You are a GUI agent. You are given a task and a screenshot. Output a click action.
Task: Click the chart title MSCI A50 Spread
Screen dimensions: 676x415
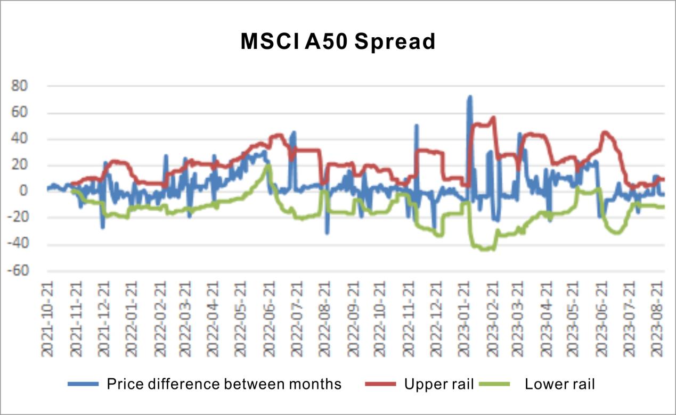[338, 41]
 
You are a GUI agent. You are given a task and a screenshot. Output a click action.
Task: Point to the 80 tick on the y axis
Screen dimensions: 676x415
[19, 86]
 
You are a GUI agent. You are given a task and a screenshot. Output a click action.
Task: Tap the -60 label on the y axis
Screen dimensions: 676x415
[18, 271]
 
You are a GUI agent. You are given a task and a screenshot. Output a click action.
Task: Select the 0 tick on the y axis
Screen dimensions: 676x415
[23, 190]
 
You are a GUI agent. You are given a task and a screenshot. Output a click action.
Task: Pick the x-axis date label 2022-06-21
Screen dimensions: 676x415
[269, 319]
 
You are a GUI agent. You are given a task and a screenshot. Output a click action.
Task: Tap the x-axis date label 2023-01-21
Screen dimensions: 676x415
[465, 319]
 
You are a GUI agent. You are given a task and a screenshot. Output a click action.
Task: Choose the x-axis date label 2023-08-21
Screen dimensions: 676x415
[657, 319]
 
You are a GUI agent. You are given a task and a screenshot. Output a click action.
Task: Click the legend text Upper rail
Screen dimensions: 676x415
[439, 384]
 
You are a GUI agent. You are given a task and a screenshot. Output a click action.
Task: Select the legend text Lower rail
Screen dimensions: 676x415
[560, 384]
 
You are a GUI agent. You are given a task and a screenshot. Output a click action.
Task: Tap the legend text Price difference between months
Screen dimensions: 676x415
[224, 384]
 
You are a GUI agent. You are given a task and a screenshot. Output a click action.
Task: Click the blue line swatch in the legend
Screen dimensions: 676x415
[83, 384]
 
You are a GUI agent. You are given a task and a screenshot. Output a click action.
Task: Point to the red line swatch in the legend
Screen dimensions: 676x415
[380, 384]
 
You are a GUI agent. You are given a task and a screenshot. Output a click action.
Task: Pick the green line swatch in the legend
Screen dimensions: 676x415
[494, 384]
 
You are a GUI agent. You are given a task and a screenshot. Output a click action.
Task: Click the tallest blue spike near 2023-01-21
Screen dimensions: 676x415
[470, 97]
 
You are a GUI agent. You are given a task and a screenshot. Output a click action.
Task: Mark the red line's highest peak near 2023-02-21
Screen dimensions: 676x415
[494, 117]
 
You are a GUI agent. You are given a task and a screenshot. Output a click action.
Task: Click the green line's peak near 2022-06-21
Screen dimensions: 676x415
[268, 165]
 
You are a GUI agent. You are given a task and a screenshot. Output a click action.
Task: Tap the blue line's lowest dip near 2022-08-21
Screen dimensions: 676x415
[327, 233]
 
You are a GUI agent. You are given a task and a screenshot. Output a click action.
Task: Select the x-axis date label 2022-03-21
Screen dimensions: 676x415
[185, 319]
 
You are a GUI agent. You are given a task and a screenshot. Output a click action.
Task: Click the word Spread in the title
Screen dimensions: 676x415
[395, 41]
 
